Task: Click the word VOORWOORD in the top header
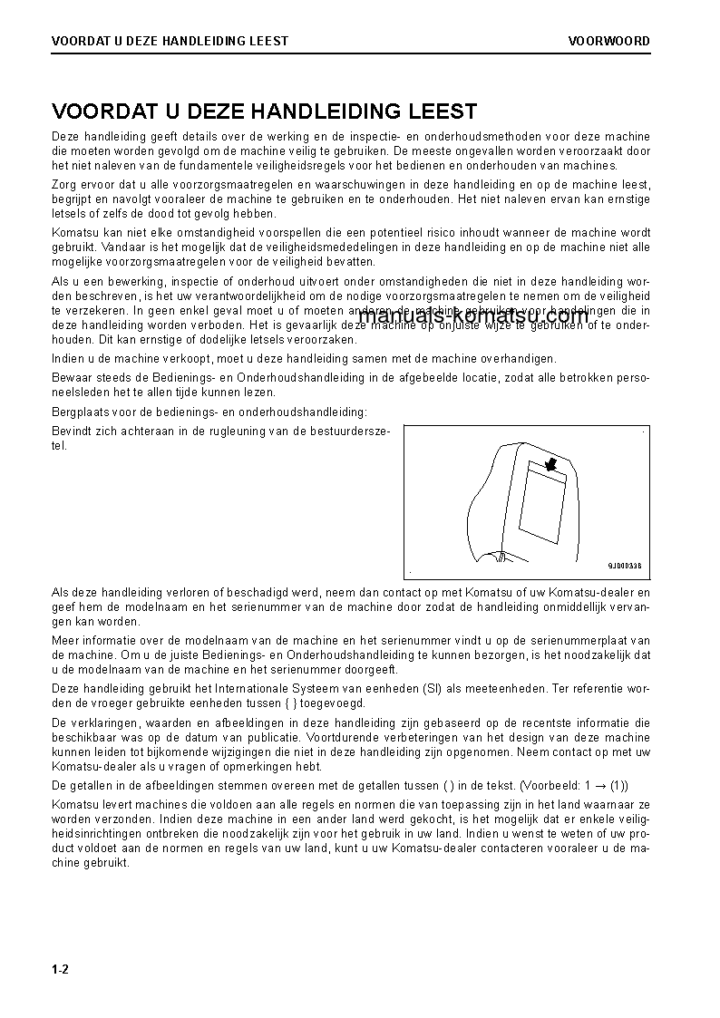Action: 608,41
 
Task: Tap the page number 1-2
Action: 61,970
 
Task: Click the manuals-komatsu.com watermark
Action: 473,316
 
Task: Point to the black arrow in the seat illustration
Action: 549,465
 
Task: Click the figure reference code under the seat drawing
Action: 624,566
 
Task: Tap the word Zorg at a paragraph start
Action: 65,184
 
